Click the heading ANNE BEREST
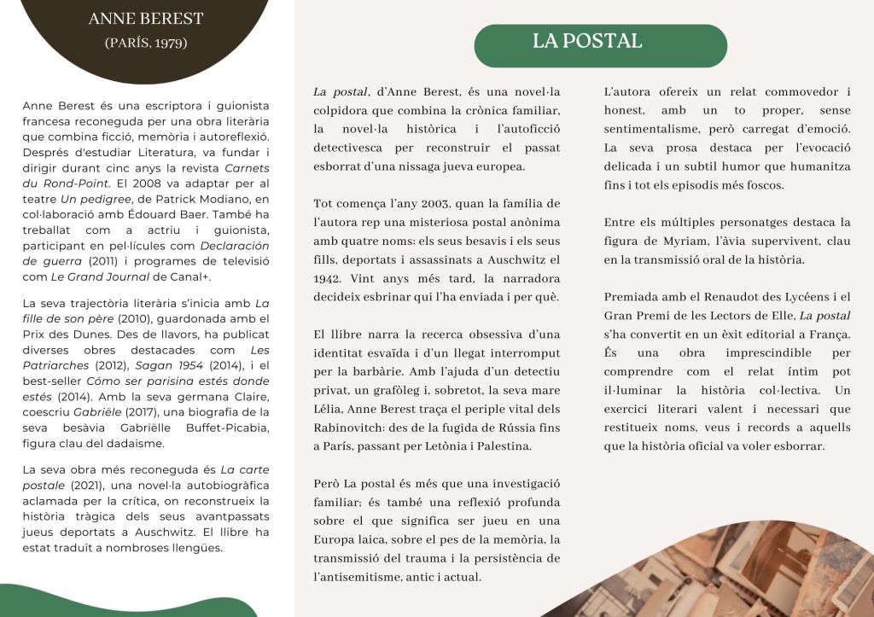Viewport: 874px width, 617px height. [x=146, y=19]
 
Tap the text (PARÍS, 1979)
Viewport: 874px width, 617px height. [x=146, y=43]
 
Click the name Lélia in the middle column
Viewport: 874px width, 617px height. [x=330, y=409]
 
